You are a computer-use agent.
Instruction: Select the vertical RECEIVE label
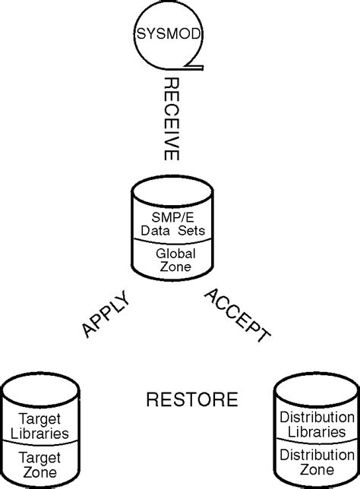pos(172,118)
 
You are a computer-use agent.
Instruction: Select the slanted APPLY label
pos(106,315)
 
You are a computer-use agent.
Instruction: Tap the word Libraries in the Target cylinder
pos(43,434)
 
